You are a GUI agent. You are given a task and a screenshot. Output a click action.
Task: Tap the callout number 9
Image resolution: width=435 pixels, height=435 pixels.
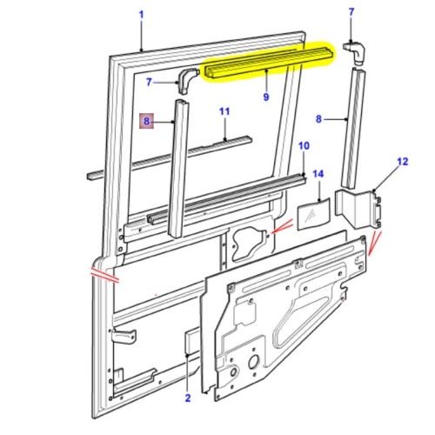265,97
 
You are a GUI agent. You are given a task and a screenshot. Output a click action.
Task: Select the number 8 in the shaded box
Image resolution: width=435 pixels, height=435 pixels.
148,123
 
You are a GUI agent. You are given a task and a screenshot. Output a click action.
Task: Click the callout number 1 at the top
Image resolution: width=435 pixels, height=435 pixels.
141,15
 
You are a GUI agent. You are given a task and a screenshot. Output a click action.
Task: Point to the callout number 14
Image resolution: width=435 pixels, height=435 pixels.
318,175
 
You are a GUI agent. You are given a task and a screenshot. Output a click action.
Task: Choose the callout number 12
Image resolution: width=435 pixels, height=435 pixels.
401,161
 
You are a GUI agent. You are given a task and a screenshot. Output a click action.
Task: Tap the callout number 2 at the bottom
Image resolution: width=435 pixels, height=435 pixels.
187,399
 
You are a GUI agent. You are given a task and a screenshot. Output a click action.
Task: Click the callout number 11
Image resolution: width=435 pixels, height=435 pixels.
224,112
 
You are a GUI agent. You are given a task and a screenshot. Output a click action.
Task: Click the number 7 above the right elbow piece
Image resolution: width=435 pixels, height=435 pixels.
351,11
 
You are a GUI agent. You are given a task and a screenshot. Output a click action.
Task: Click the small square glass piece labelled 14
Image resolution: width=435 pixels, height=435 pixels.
313,212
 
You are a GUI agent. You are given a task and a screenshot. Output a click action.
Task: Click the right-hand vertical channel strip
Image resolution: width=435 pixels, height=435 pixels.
351,130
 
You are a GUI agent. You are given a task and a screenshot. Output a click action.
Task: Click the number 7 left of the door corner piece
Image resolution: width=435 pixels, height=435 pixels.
149,82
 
